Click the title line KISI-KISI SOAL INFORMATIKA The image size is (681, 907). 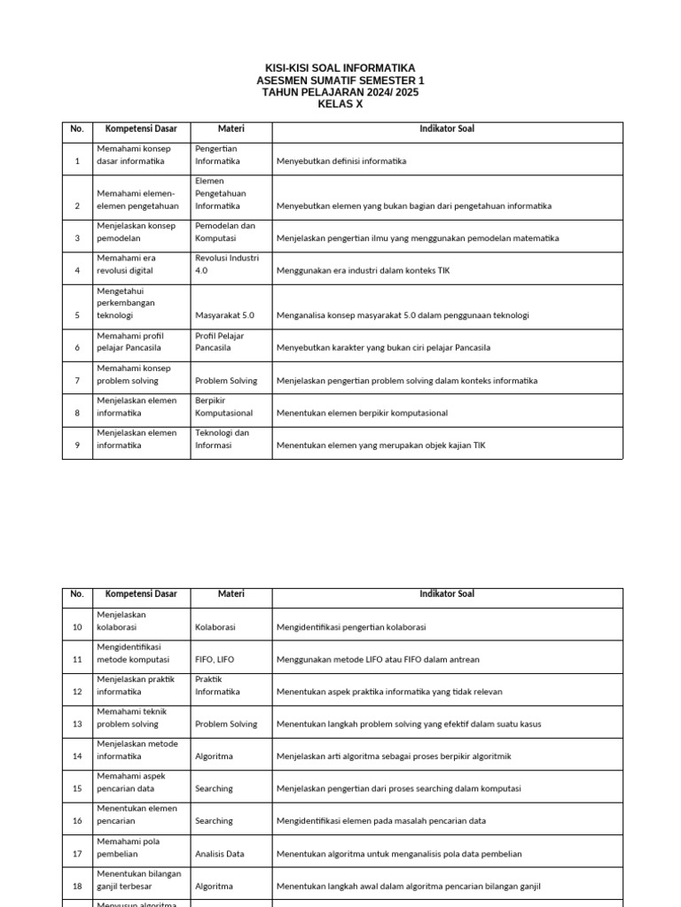340,68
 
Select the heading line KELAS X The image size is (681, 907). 340,105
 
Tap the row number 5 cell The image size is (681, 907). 77,315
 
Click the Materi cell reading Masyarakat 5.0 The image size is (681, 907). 224,315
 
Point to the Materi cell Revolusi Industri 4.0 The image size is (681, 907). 226,264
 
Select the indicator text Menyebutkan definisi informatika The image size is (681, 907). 341,161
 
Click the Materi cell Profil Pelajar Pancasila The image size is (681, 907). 220,342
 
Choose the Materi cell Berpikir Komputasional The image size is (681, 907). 223,407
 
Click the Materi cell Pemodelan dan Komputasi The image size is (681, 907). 224,231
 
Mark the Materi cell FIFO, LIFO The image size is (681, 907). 215,659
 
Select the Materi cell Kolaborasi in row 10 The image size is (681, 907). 215,627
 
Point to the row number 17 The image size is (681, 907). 77,854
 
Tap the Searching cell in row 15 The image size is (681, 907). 214,788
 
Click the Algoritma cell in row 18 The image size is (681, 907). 214,886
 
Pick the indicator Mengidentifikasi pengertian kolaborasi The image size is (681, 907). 351,627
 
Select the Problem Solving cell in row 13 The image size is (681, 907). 226,724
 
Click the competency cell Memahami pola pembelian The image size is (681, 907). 129,848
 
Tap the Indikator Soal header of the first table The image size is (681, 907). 447,129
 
